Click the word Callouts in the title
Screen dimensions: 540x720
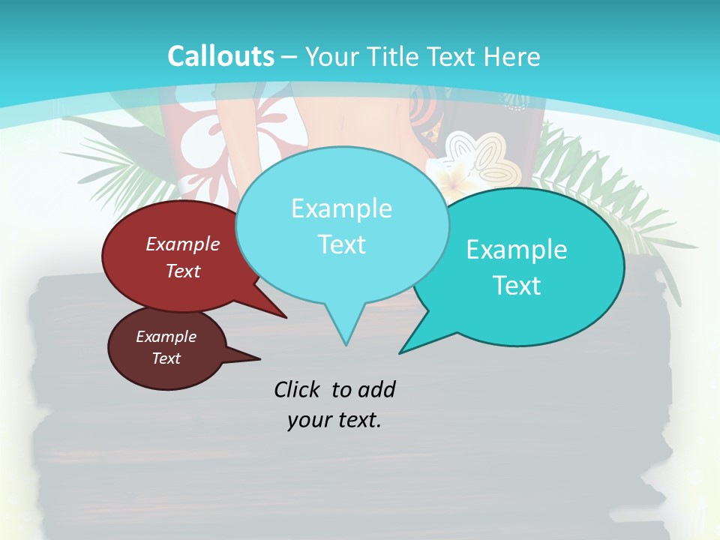pos(220,56)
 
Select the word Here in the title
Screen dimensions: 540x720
pos(511,56)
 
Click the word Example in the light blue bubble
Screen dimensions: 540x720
pos(341,208)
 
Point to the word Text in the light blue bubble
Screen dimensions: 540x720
pos(341,244)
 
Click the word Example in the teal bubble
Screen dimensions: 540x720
pos(517,250)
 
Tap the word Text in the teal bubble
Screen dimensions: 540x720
pos(517,286)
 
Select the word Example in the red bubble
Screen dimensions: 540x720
pos(182,244)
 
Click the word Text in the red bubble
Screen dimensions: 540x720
pos(182,271)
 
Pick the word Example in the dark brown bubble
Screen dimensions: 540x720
pos(166,337)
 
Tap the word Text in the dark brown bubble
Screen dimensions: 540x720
pos(166,358)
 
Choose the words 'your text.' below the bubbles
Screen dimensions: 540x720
pos(334,421)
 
